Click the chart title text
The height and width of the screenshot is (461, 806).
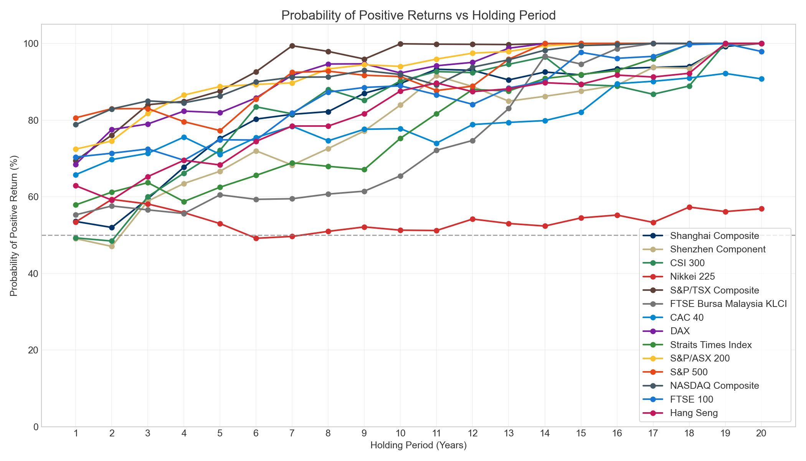coord(418,15)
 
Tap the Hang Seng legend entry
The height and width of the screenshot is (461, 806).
coord(693,413)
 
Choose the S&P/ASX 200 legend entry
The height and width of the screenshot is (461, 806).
coord(699,358)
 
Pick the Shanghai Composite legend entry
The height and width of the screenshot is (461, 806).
coord(714,236)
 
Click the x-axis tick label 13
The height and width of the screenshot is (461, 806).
coord(509,434)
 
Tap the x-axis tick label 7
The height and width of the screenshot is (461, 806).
coord(292,434)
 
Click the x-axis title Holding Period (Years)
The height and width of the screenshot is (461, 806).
coord(418,446)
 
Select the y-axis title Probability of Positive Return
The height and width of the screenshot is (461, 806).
coord(14,226)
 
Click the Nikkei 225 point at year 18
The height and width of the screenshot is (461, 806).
coord(689,207)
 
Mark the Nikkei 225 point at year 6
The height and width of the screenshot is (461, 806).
coord(256,238)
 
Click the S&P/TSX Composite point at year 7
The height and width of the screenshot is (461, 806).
coord(292,46)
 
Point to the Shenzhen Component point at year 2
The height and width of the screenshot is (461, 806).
coord(112,246)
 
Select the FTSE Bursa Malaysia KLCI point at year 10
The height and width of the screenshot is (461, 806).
coord(400,176)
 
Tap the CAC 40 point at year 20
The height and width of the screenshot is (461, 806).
coord(761,79)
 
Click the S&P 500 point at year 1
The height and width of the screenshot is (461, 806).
coord(76,118)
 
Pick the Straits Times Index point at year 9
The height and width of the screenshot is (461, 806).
coord(364,169)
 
